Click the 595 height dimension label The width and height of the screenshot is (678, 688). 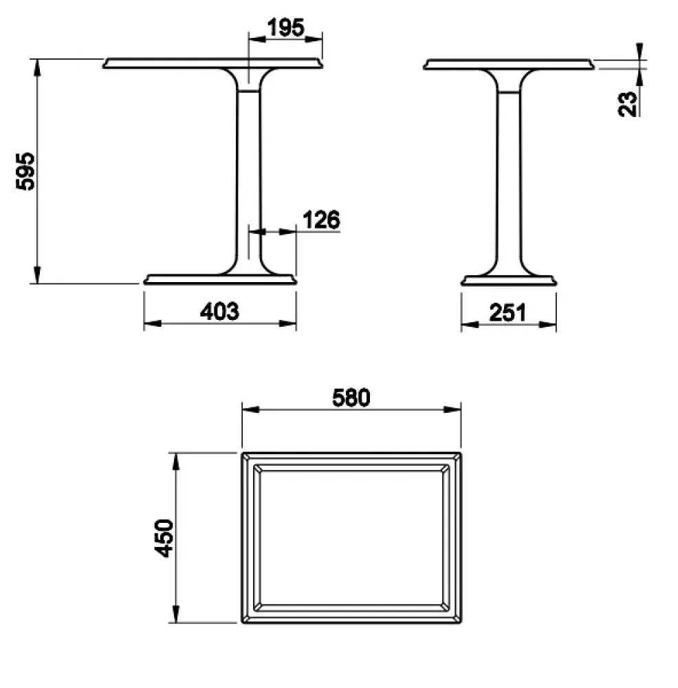click(x=25, y=171)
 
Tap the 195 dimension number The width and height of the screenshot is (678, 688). click(x=285, y=28)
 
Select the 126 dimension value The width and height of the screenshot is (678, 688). click(x=321, y=220)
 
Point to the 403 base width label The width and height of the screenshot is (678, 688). click(x=220, y=312)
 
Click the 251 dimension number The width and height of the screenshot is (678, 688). click(x=507, y=313)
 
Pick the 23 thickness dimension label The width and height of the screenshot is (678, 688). click(x=628, y=104)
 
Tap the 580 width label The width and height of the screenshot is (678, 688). click(x=351, y=398)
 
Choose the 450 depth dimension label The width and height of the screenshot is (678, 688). click(x=164, y=538)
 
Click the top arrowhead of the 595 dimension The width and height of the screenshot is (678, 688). click(x=37, y=67)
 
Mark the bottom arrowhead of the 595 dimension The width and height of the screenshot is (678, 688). click(x=37, y=275)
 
